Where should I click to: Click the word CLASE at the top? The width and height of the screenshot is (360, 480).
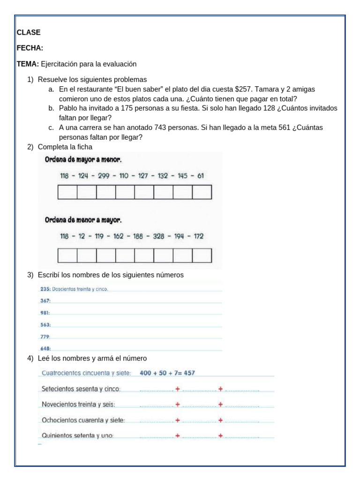tap(29, 32)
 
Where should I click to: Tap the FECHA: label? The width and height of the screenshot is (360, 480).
tap(30, 48)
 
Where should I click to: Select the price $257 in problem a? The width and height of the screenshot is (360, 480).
tap(243, 89)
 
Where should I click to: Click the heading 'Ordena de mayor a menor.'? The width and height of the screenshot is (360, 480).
tap(83, 159)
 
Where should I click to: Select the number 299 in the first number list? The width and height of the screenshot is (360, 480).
tap(104, 176)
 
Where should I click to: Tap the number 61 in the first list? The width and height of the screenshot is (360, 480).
tap(201, 176)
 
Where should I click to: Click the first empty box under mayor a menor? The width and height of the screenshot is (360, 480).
tap(67, 192)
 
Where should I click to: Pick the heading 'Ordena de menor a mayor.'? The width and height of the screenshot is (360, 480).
tap(83, 219)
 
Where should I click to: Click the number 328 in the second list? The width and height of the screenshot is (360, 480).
tap(158, 236)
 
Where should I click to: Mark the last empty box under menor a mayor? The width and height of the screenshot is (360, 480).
tap(202, 255)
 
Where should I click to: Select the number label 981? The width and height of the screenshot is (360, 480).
tap(45, 313)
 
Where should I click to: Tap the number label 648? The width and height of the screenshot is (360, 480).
tap(45, 348)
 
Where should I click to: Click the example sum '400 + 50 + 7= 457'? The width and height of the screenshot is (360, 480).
tap(167, 373)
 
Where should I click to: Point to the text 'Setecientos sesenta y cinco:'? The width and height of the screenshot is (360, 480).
tap(81, 389)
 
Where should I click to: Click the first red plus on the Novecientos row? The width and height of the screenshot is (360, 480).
tap(178, 404)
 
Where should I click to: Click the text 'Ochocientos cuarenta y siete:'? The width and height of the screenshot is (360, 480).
tap(83, 420)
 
